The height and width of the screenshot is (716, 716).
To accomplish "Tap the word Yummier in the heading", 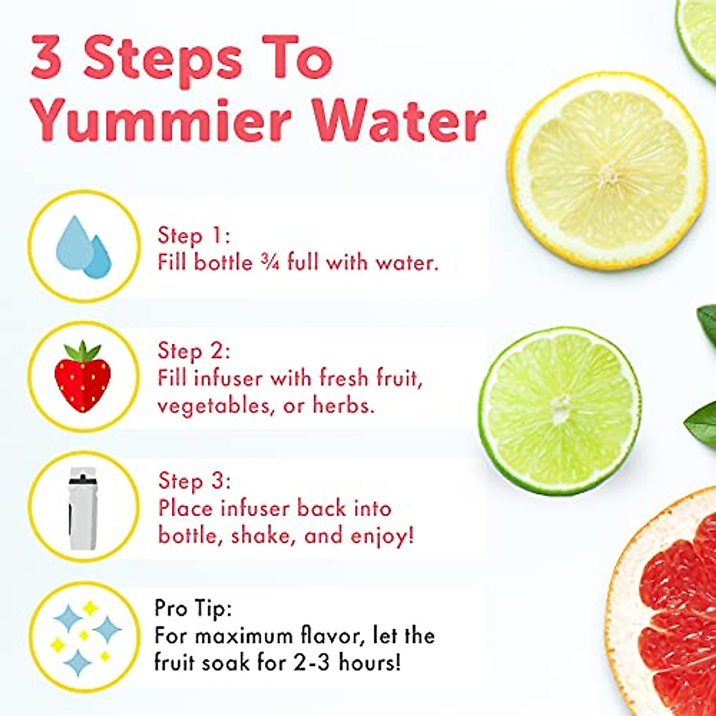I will click(161, 122).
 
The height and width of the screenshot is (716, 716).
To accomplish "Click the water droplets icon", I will click(84, 246).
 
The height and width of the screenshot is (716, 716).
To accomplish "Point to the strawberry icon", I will click(83, 376).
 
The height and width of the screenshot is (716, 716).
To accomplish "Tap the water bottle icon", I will click(83, 508).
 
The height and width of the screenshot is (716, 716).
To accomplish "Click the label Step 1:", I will click(193, 236).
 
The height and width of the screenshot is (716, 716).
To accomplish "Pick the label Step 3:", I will click(194, 482).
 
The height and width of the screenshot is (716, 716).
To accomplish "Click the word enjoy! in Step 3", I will click(381, 536).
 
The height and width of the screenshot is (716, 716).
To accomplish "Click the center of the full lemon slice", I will click(607, 172).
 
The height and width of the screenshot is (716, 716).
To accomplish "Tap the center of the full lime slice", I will click(560, 411).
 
